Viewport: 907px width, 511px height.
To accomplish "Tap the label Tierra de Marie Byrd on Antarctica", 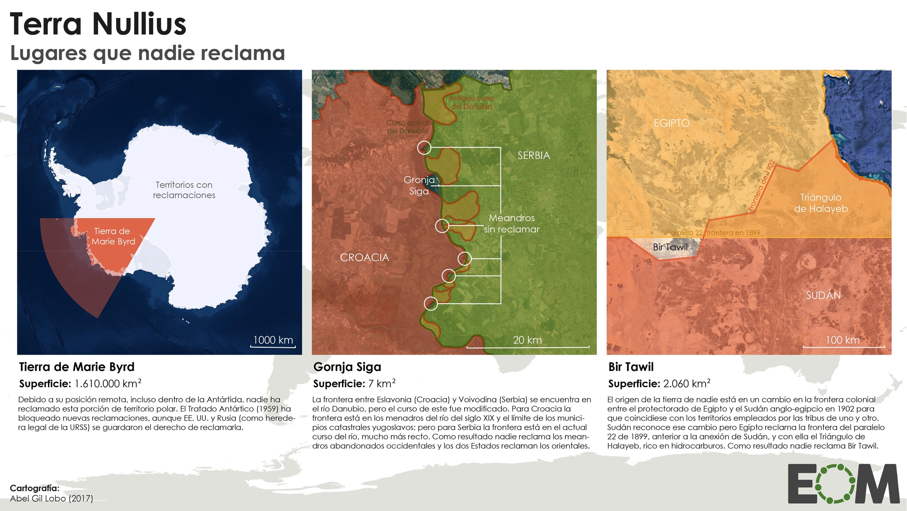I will [113, 236].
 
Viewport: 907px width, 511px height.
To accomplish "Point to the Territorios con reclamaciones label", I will [184, 190].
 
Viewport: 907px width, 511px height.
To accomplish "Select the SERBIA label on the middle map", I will [533, 156].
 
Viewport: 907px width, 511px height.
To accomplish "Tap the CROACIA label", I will [364, 258].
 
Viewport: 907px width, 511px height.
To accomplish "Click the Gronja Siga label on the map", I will [419, 185].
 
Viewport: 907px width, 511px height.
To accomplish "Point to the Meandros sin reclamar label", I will [512, 223].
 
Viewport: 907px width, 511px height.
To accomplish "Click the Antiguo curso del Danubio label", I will [471, 102].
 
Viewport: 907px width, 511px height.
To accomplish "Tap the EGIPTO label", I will [671, 123].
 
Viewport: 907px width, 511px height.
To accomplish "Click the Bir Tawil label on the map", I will [670, 247].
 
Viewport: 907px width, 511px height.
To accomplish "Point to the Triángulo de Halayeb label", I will [821, 203].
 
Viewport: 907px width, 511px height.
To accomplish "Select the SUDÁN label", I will [823, 295].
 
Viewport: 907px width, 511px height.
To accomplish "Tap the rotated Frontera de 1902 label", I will [761, 186].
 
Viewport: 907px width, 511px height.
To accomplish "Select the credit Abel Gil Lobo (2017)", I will [51, 498].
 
